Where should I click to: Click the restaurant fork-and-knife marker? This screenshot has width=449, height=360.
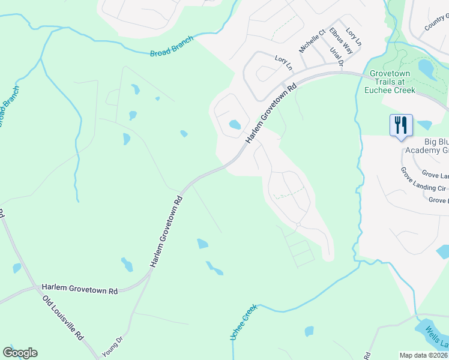point(401,125)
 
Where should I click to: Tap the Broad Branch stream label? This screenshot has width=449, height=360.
point(172,47)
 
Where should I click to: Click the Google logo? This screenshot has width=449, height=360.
point(20,353)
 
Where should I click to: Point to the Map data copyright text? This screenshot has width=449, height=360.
point(424,355)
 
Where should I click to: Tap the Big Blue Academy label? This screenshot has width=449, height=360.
point(426,146)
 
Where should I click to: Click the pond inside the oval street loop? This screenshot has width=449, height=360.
point(234,125)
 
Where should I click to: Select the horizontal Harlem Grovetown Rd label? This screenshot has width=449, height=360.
point(80,289)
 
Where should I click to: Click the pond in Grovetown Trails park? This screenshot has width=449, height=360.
point(427,68)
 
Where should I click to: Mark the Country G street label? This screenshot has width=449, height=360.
point(436,25)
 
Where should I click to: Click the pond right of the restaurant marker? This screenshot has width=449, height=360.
point(424,125)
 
